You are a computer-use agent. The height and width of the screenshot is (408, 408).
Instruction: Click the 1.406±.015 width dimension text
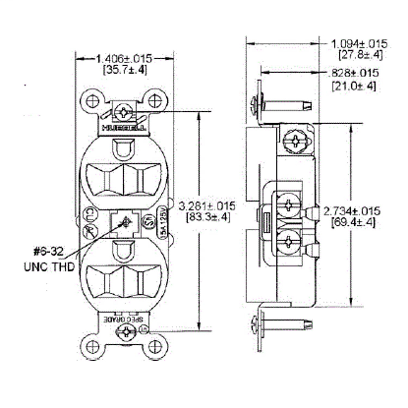(x=124, y=58)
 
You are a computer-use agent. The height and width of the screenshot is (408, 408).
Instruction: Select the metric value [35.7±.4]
(x=124, y=70)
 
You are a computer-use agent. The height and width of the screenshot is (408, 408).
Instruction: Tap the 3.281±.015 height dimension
(x=207, y=206)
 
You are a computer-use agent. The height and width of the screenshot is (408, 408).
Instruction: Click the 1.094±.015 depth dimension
(x=359, y=44)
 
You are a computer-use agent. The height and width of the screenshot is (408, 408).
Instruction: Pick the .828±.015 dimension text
(x=354, y=73)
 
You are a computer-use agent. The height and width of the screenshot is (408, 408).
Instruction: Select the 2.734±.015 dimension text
(x=352, y=211)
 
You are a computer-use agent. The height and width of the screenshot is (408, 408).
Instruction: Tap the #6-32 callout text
(x=48, y=251)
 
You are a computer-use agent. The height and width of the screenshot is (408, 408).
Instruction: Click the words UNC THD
(x=49, y=267)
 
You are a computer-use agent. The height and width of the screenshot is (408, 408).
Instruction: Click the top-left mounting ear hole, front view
(x=92, y=101)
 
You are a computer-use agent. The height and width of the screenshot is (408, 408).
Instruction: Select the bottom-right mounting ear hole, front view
(x=155, y=347)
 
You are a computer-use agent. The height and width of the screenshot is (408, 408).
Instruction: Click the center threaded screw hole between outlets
(x=125, y=223)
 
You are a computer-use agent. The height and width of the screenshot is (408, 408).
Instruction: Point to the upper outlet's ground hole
(x=124, y=149)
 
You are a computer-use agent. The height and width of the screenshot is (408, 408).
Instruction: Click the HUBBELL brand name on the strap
(x=124, y=129)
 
